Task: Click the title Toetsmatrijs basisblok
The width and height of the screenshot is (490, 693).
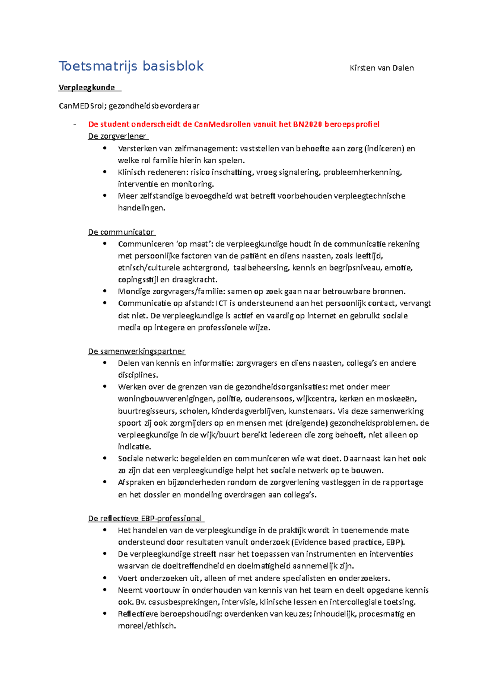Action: coord(131,66)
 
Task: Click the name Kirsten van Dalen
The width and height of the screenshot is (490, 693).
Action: coord(381,68)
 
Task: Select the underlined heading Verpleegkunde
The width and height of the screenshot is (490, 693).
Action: coord(87,87)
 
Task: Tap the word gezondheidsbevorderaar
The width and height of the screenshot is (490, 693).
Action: coord(154,106)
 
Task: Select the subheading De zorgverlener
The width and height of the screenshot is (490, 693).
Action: coord(117,136)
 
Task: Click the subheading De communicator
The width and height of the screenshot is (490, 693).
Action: coord(121,232)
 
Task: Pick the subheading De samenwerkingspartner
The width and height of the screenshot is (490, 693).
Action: coord(136,351)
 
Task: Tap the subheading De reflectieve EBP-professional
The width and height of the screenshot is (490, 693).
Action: coord(145,519)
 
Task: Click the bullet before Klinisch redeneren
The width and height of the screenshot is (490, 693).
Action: coord(105,172)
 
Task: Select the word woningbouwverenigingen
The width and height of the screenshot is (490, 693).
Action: coord(166,399)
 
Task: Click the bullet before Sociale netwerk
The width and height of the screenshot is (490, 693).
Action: coord(105,458)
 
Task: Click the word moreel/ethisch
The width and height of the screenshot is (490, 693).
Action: coord(147,626)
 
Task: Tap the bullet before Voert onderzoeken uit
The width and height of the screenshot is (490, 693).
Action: coord(105,578)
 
